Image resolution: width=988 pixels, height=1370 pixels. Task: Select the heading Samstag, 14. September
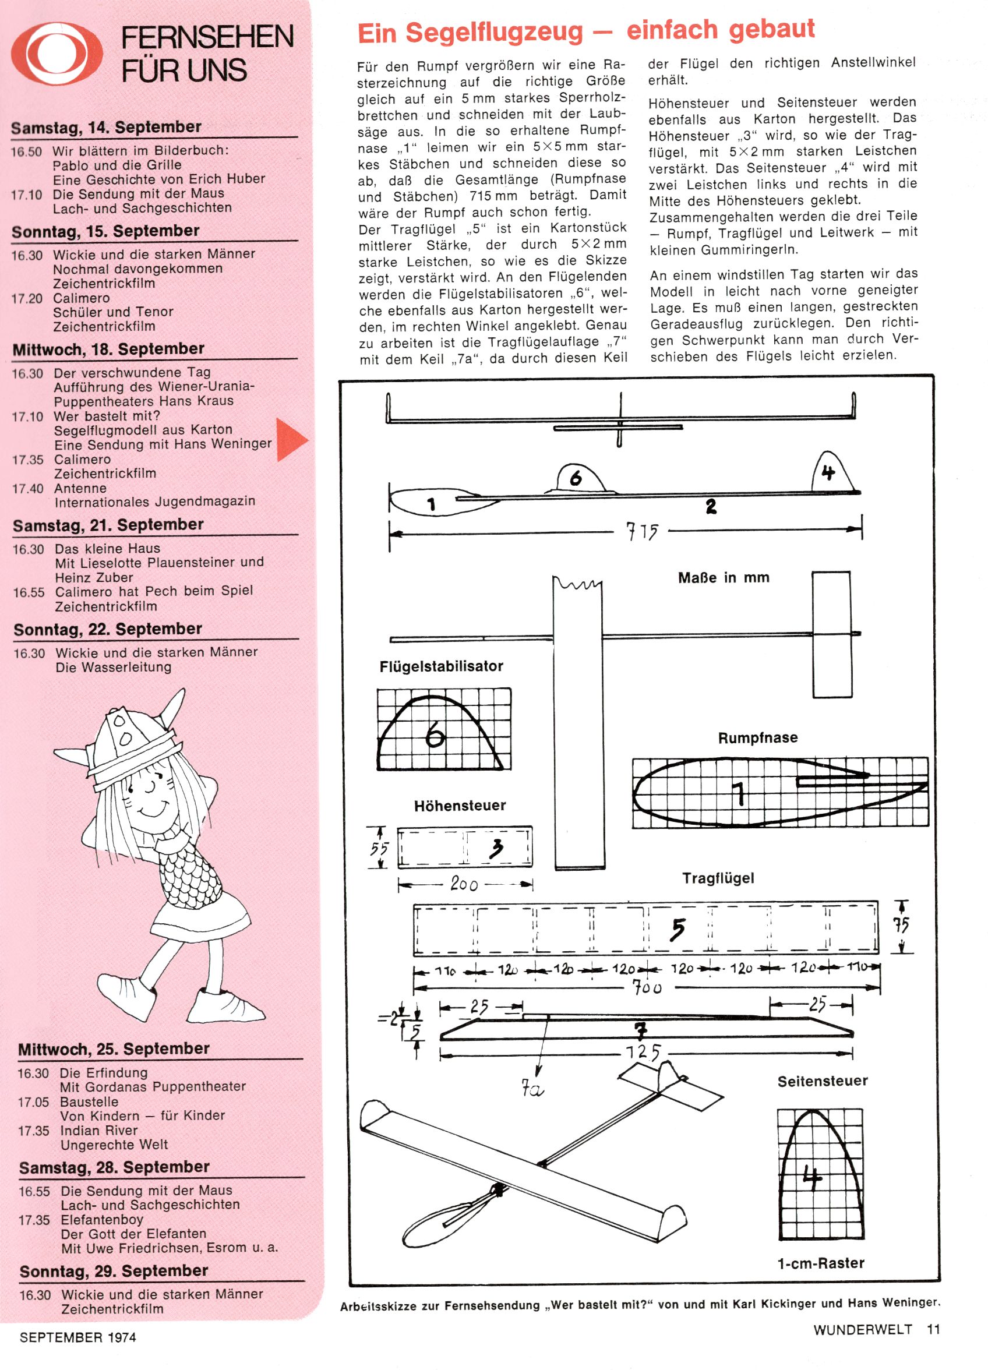(x=107, y=128)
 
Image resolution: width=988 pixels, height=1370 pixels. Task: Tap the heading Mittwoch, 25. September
(x=114, y=1048)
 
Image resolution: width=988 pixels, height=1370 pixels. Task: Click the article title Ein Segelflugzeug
(x=585, y=31)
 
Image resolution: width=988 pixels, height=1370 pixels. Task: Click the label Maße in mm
(x=724, y=577)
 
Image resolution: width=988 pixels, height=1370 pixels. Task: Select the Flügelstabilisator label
(x=441, y=666)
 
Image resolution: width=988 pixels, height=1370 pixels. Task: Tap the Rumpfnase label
(x=758, y=737)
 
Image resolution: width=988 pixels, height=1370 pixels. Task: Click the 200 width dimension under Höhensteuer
(x=464, y=885)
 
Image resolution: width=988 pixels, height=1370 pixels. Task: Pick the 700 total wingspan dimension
(x=647, y=988)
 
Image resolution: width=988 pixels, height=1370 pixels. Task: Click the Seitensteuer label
(x=823, y=1081)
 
